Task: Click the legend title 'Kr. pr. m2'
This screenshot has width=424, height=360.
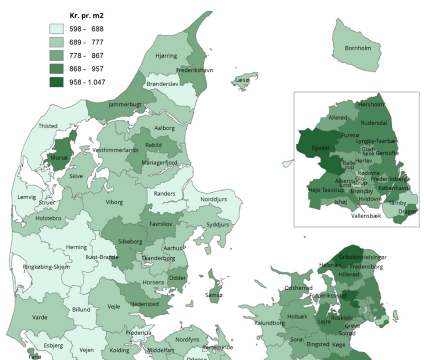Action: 86,15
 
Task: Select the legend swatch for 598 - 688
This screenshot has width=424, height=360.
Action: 57,29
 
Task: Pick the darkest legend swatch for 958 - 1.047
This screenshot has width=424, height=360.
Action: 57,82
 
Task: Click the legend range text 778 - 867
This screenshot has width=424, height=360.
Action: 86,56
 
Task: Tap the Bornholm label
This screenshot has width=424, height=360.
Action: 358,48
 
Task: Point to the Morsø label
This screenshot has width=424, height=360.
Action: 59,158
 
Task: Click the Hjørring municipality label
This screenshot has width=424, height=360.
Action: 166,56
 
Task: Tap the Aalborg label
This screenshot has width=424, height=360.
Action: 164,128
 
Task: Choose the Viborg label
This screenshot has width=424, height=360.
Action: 114,202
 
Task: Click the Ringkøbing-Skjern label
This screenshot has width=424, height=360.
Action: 46,267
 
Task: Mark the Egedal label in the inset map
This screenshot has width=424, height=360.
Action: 320,148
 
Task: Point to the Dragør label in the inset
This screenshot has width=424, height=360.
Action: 408,212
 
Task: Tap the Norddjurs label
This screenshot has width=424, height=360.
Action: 213,199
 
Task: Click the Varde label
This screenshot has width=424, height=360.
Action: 40,317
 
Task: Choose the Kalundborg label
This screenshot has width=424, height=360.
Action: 269,323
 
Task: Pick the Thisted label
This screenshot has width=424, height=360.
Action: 48,126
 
